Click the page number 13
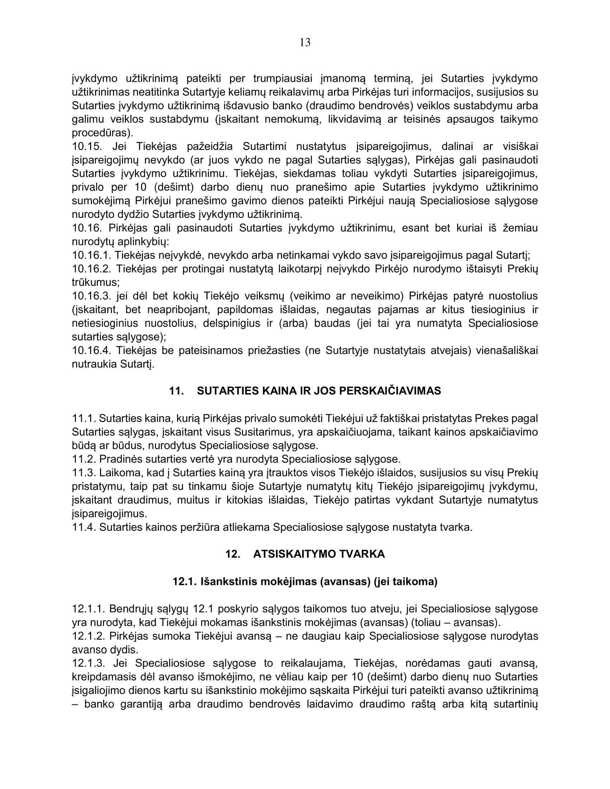coord(305,43)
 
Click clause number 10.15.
coord(87,146)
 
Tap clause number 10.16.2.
coord(91,269)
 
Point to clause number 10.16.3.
coord(91,296)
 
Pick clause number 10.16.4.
coord(91,351)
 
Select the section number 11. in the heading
coord(177,391)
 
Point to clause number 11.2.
coord(84,459)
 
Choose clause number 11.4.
coord(84,528)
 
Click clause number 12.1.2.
coord(89,636)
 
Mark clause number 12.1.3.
coord(89,663)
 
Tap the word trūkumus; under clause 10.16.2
coord(96,283)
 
